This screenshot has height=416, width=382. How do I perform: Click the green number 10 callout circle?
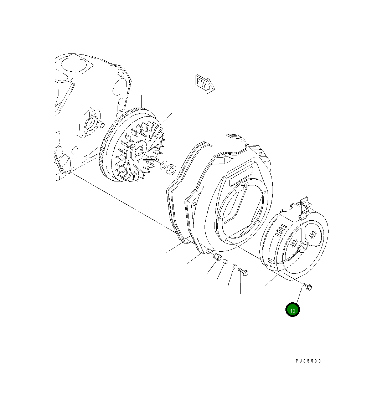point(293,310)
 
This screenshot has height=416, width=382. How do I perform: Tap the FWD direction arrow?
point(205,84)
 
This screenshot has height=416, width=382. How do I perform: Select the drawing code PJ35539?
point(308,361)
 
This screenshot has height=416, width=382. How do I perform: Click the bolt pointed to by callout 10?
point(307,287)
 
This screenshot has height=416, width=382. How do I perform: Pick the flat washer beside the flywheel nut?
point(163,165)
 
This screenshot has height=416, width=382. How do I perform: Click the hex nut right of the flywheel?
point(171,169)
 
